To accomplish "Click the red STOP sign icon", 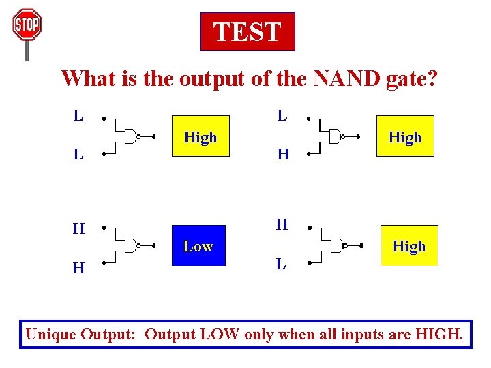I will pos(27,26).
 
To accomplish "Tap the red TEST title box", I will pos(248,32).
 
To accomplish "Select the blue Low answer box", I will pos(198,246).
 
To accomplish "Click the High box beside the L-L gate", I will pos(200,137).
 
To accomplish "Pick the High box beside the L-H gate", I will pos(405,137).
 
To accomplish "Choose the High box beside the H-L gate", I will pos(408,246).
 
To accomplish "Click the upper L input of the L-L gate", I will pos(78,115).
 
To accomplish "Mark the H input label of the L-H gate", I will pos(283,155).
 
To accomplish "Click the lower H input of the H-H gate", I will pos(78,269).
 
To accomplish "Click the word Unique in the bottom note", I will pos(50,335).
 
